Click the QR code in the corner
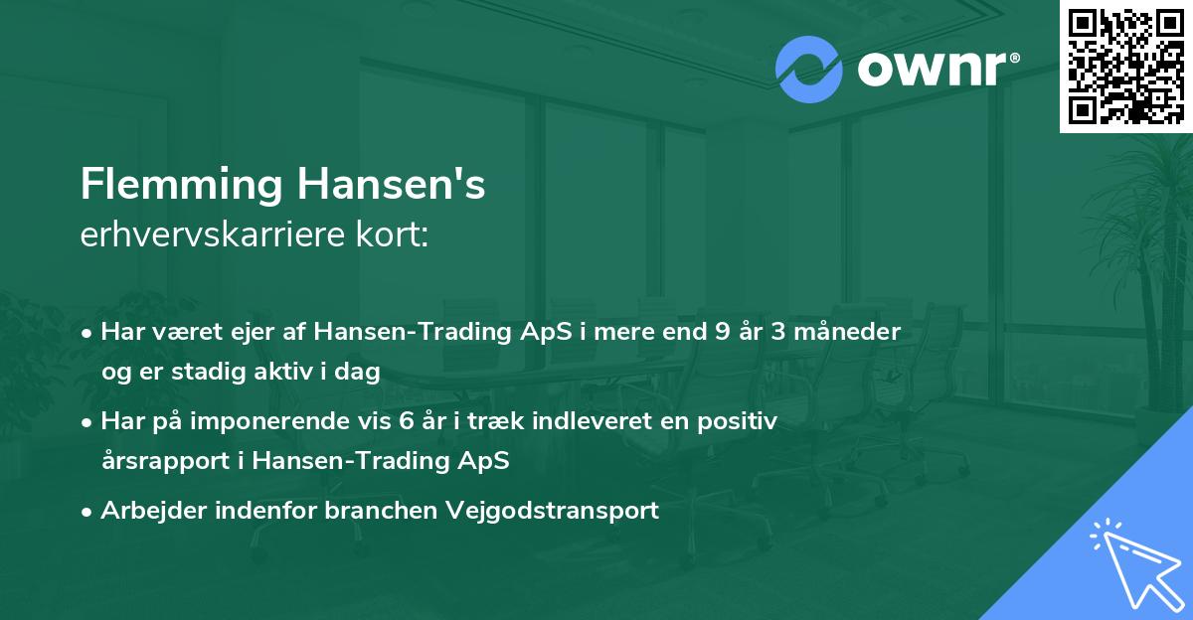click(1125, 66)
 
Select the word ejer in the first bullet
click(226, 332)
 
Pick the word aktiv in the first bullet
click(301, 372)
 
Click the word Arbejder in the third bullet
click(148, 511)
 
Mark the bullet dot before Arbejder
click(89, 511)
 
